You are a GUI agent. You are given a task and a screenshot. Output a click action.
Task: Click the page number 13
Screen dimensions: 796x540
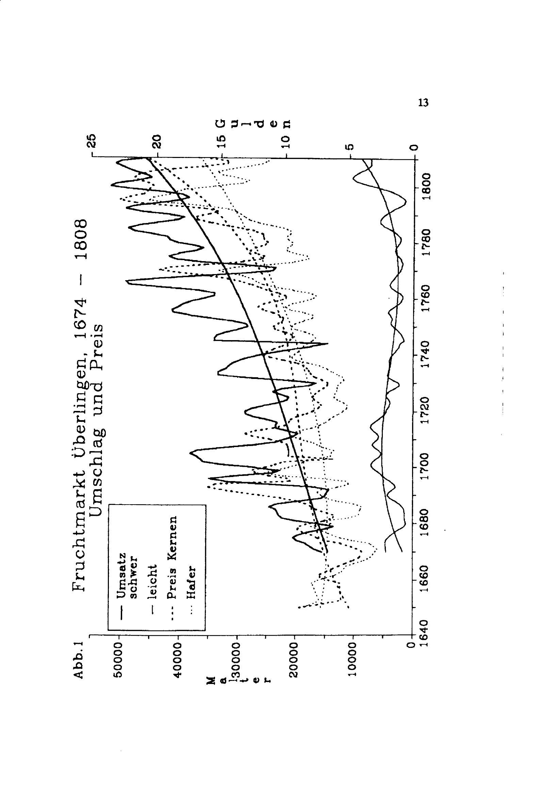[423, 102]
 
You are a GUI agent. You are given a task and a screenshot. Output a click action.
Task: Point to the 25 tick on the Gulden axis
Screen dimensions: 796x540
[92, 140]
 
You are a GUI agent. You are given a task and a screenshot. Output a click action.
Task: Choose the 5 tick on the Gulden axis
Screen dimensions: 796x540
[349, 147]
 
